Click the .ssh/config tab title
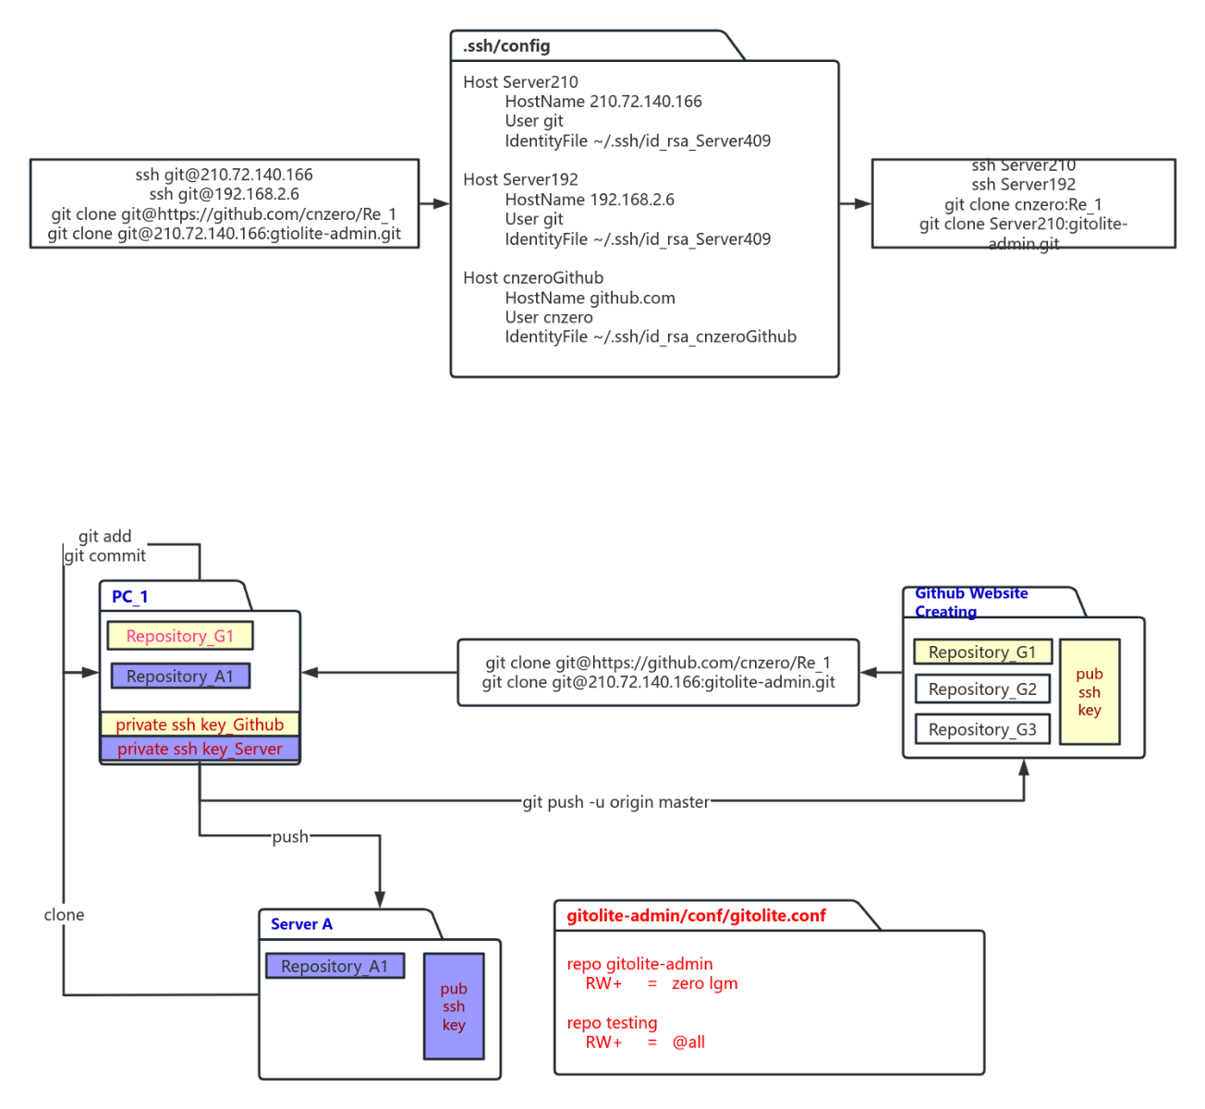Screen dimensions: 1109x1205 506,46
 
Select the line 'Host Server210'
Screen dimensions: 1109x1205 520,82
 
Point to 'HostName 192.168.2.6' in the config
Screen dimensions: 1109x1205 590,200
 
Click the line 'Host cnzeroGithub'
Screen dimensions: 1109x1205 533,278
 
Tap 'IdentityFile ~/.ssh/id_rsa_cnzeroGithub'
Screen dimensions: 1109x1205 650,337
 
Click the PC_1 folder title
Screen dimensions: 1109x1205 129,597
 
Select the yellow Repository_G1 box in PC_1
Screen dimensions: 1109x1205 180,636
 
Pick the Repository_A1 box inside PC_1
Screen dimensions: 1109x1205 180,676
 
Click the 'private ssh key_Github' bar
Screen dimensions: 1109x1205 200,725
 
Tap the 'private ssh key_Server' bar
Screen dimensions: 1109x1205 200,749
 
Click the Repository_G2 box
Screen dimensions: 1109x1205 982,689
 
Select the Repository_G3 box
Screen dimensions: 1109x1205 982,729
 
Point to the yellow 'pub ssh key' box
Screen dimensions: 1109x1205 1089,692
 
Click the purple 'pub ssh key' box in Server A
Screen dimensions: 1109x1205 454,1006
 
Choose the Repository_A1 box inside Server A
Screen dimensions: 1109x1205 335,967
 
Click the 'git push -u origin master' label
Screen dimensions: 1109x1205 616,802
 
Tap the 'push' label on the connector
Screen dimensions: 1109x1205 290,837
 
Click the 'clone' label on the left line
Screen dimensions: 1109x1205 64,915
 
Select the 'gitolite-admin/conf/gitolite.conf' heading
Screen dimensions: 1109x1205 696,916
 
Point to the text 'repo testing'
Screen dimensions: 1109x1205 612,1023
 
